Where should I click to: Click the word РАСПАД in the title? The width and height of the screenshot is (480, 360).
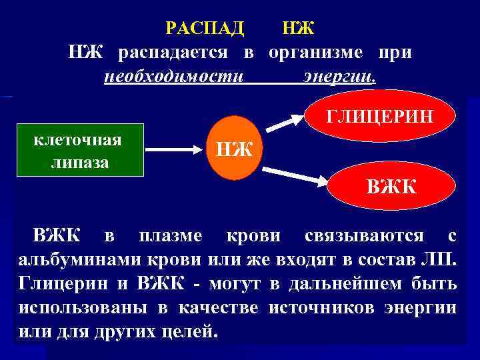[x=204, y=29]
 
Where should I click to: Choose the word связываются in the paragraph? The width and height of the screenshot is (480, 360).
[x=363, y=236]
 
